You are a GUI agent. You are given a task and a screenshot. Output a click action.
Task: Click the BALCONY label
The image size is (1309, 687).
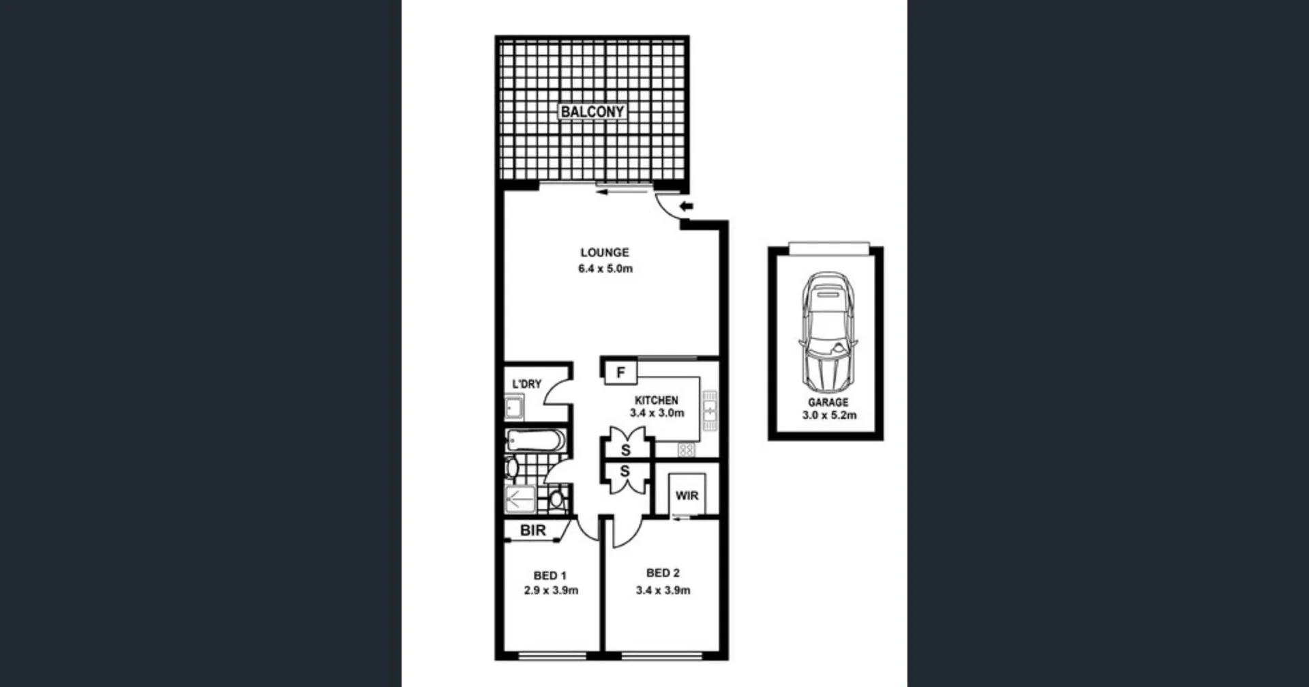click(592, 111)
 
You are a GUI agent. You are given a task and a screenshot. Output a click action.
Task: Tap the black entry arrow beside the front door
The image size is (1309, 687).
click(686, 206)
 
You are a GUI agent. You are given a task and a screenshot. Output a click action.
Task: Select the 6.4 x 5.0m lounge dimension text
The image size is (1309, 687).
click(605, 269)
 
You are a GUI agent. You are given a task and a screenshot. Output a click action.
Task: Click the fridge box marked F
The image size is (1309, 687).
click(620, 372)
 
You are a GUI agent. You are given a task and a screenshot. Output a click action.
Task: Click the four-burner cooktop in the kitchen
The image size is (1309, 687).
click(686, 450)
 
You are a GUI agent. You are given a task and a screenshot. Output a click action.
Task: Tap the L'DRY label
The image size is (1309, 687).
click(526, 384)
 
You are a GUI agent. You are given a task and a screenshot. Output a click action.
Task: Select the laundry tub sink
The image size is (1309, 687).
click(514, 409)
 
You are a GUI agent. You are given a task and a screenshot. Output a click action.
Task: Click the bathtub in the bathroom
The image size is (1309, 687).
click(536, 440)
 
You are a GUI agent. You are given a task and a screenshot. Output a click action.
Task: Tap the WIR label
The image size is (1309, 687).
click(687, 496)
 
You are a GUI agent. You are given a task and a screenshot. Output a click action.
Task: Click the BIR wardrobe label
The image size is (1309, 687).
click(532, 530)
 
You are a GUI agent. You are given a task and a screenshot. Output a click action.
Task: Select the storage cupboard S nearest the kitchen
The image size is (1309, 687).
click(625, 450)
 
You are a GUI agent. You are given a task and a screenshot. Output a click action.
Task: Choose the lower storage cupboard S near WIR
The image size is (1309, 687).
click(625, 472)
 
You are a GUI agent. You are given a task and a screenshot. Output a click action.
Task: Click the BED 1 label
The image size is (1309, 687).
click(550, 576)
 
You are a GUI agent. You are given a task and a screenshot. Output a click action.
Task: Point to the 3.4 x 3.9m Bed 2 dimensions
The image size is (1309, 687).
click(663, 591)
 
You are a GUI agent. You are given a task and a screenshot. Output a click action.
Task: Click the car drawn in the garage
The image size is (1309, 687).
click(828, 330)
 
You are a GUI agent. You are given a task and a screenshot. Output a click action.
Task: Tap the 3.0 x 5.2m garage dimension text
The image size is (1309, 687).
click(829, 415)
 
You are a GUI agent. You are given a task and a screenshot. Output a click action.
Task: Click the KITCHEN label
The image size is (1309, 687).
click(656, 400)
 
